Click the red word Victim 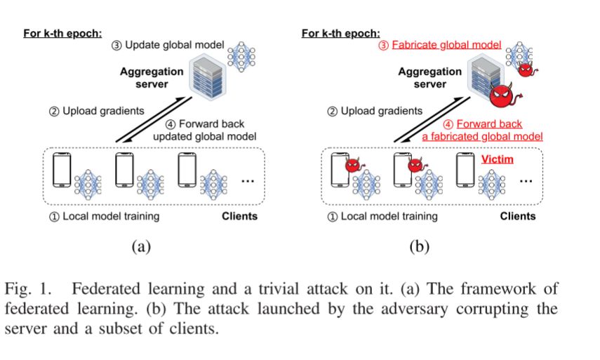coord(497,159)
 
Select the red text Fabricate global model coord(446,44)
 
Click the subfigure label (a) coord(141,246)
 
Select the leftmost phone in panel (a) coord(61,171)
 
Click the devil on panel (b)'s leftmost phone coord(352,165)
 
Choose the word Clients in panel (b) coord(517,216)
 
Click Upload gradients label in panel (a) coord(96,110)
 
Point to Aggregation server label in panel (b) coord(430,78)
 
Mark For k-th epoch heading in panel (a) coord(62,33)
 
